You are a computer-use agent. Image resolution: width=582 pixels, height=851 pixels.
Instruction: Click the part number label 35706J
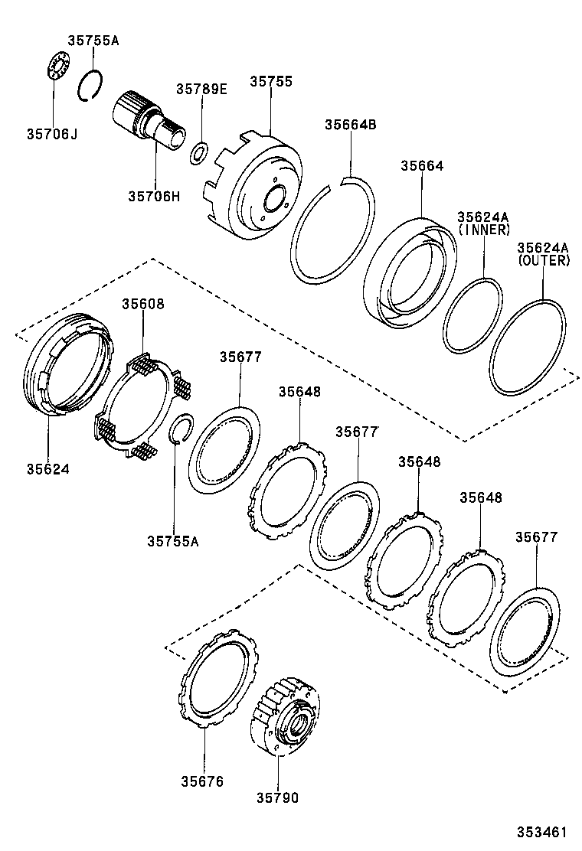[52, 135]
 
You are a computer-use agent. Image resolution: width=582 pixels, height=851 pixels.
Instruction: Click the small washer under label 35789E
[198, 153]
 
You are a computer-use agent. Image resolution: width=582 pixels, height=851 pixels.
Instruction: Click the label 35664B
[350, 125]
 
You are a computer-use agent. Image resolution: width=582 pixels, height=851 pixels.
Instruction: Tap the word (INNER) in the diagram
[483, 230]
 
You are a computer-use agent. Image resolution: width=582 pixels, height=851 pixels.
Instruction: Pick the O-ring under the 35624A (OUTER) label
[528, 347]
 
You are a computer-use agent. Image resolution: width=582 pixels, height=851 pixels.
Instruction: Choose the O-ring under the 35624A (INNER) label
[473, 316]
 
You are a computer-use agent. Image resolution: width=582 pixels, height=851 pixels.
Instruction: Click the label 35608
[142, 304]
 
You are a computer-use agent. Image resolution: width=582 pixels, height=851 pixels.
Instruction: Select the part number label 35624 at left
[47, 468]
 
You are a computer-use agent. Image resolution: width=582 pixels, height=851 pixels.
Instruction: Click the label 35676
[202, 781]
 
